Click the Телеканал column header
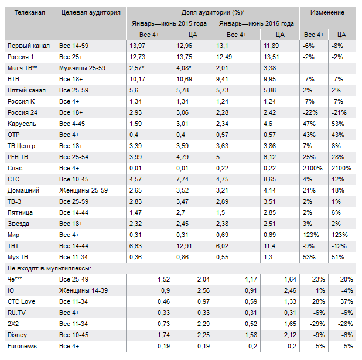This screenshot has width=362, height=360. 27,12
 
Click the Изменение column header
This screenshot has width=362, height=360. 327,12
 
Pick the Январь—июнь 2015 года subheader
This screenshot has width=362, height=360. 168,23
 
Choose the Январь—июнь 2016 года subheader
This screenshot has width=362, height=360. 257,23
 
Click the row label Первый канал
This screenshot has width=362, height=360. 28,46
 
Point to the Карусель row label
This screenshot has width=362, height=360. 22,124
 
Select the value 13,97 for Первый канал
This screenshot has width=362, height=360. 137,46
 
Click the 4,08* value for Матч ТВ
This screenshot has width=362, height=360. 186,68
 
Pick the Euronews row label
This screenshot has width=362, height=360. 23,347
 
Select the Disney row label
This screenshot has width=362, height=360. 18,335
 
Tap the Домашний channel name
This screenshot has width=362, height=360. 23,191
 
